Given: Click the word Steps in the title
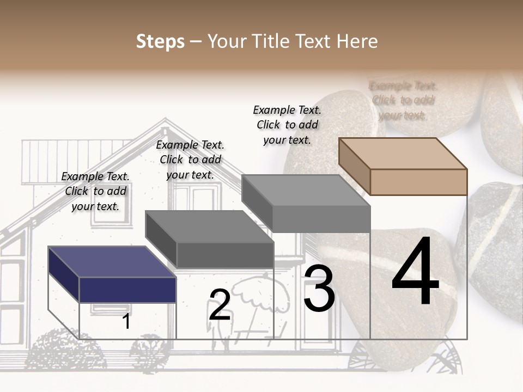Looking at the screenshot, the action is pos(160,41).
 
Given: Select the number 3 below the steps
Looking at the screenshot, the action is pos(319,289).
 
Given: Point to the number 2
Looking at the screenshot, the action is pos(220,305).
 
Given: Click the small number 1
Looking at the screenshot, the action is pos(126,321).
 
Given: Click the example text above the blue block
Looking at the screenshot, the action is pos(95,191).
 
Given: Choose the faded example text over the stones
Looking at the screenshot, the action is pos(403,100).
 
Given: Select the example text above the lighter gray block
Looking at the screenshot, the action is pos(287,125).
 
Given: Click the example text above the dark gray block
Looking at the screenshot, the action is pos(190,160).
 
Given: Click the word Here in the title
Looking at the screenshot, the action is pos(357,41).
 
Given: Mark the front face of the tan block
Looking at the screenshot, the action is pos(418,182).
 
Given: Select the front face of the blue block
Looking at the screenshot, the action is pos(127,289).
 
